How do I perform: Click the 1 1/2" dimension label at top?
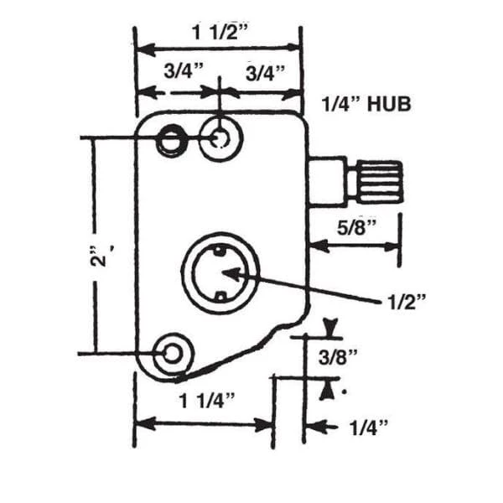pyautogui.click(x=220, y=32)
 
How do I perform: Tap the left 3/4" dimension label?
pyautogui.click(x=184, y=70)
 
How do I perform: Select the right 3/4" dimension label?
pyautogui.click(x=265, y=73)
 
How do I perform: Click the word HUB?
pyautogui.click(x=389, y=104)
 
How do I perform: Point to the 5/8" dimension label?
pyautogui.click(x=356, y=227)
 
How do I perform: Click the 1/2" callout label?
pyautogui.click(x=407, y=302)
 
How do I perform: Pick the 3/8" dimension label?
pyautogui.click(x=338, y=357)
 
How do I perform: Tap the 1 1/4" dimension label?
pyautogui.click(x=207, y=401)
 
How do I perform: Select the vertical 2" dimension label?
pyautogui.click(x=100, y=256)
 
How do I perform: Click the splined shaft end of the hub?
pyautogui.click(x=380, y=182)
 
